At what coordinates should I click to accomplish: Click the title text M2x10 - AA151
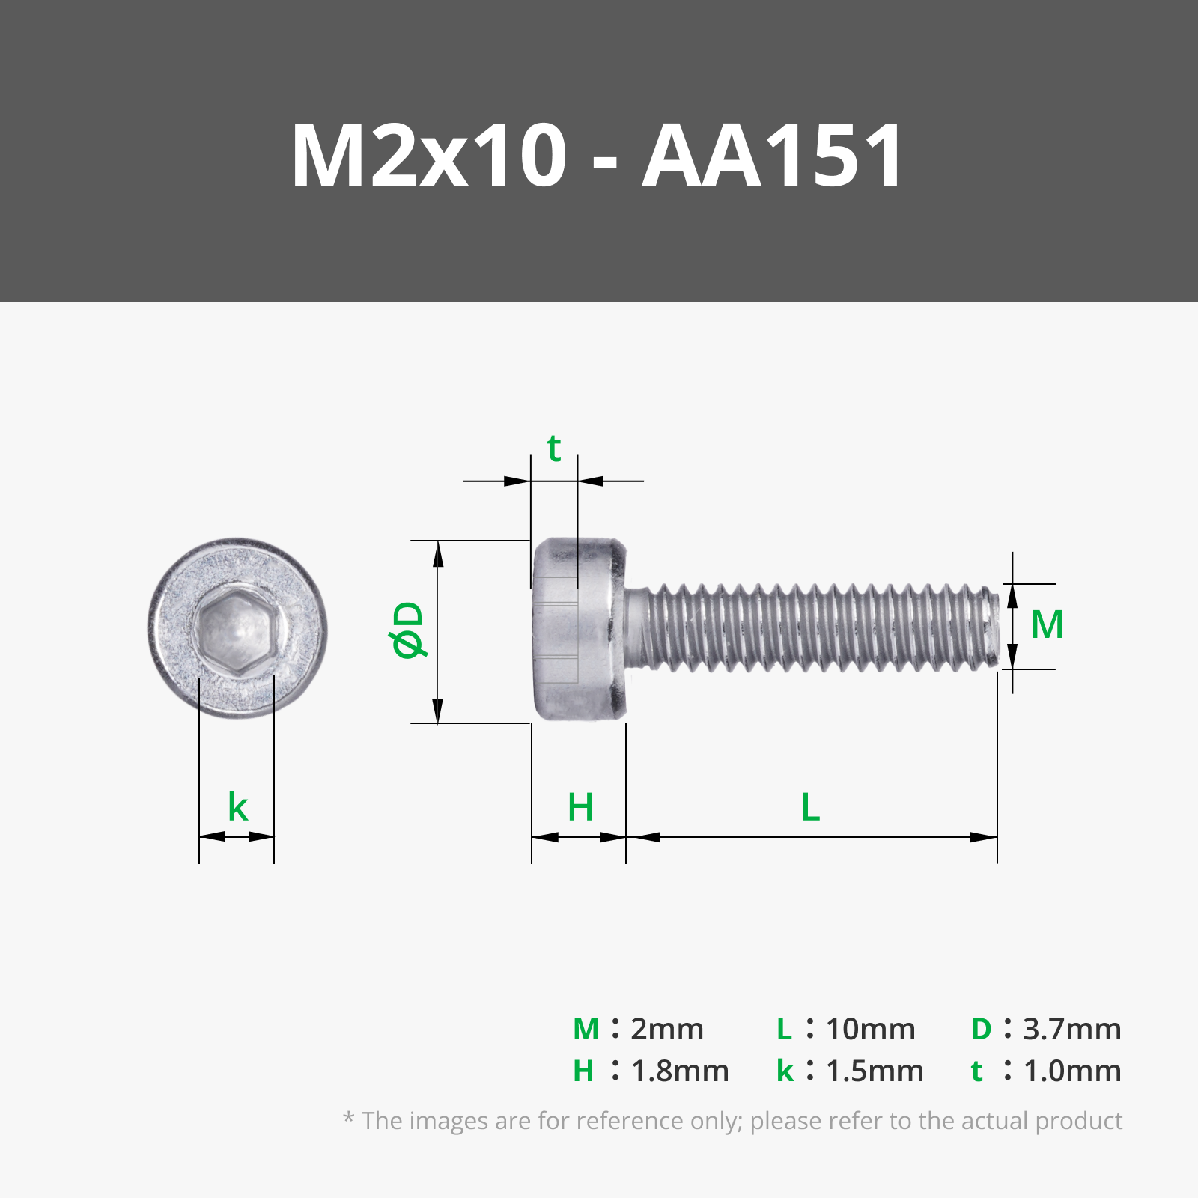(598, 156)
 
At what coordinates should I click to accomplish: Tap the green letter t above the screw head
(554, 449)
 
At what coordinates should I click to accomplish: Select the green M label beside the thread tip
(1046, 625)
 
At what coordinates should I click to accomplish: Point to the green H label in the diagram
(580, 808)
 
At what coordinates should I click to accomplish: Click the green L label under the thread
(810, 808)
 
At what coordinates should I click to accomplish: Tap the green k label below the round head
(237, 808)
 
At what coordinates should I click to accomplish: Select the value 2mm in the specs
(666, 1030)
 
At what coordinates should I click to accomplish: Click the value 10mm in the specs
(870, 1030)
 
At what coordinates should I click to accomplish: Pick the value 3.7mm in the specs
(1071, 1030)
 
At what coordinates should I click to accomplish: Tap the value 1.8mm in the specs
(679, 1071)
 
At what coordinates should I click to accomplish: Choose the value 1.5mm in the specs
(874, 1071)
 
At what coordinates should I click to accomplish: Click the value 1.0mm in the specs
(1071, 1071)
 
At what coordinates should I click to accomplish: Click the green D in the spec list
(981, 1030)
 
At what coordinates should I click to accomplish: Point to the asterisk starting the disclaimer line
(348, 1119)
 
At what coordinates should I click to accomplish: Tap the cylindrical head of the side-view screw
(579, 630)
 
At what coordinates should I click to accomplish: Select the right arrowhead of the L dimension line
(984, 837)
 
